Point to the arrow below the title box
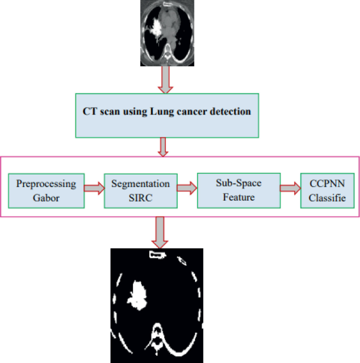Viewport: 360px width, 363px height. click(163, 146)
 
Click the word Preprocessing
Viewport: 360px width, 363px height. click(46, 184)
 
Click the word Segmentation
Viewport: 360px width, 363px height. click(140, 184)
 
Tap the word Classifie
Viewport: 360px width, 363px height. click(327, 198)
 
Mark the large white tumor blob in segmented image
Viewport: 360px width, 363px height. click(138, 295)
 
